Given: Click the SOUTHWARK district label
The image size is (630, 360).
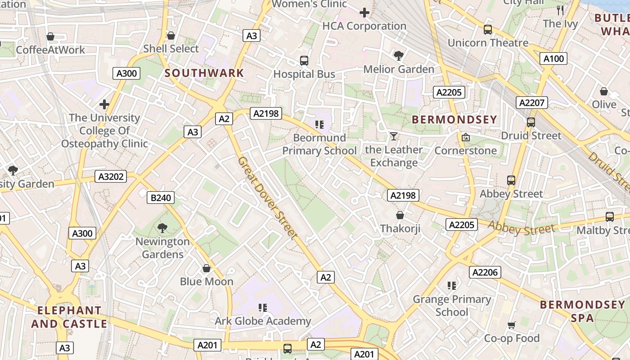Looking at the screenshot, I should click(x=204, y=73).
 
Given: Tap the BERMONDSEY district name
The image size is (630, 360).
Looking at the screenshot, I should click(x=454, y=120).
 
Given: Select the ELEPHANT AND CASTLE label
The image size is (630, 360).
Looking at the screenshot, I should click(x=69, y=317).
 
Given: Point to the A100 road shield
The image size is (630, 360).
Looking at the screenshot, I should click(x=553, y=58).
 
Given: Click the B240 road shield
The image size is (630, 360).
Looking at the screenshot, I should click(x=160, y=198).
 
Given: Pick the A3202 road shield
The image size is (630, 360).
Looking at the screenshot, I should click(x=111, y=176).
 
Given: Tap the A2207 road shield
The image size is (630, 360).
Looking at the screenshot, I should click(x=531, y=103).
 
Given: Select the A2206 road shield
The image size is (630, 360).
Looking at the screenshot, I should click(x=485, y=272).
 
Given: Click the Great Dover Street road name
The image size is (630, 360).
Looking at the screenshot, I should click(x=267, y=198).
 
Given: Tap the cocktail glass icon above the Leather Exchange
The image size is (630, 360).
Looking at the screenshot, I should click(x=394, y=136).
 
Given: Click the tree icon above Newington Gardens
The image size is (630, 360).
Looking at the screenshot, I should click(x=162, y=228).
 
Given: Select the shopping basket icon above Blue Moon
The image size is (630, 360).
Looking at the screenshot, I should click(x=207, y=269).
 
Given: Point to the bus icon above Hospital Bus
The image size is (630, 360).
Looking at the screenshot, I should click(x=304, y=61).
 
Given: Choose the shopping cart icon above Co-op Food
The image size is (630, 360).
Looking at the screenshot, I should click(x=512, y=325).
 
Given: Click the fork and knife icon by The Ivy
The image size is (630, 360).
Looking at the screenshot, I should click(x=560, y=10).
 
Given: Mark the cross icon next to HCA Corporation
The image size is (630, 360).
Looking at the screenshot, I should click(x=364, y=13).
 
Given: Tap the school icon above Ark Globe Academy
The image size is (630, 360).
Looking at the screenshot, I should click(x=263, y=308).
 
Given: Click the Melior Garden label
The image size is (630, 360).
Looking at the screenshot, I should click(x=399, y=69).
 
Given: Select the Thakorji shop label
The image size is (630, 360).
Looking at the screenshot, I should click(x=400, y=229).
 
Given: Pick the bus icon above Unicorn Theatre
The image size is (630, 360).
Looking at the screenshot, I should click(x=488, y=30).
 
